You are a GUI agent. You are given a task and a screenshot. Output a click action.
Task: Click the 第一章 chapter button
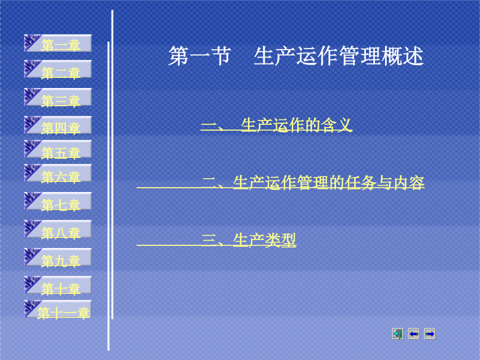coord(58,43)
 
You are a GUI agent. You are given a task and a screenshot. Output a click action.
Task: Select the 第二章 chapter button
coord(58,69)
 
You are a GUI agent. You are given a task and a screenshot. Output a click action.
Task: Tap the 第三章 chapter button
coord(58,97)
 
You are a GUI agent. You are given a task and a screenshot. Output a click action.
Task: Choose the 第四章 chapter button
coord(58,125)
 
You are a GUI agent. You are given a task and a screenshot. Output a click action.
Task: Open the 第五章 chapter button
coord(58,149)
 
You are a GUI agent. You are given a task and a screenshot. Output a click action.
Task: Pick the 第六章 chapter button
coord(58,173)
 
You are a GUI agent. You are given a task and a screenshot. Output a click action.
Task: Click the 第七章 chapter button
coord(58,201)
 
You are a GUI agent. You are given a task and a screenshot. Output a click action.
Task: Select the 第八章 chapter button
coord(58,229)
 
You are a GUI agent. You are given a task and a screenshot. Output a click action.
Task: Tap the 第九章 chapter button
coord(58,257)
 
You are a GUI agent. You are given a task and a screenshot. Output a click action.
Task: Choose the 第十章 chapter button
coord(58,285)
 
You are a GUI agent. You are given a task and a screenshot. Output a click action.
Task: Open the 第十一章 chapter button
coord(58,309)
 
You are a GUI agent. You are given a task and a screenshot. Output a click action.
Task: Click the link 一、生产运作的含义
coord(276,125)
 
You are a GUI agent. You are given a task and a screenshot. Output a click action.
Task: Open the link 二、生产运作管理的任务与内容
coord(313,183)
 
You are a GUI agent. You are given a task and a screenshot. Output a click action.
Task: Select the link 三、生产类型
coord(249,241)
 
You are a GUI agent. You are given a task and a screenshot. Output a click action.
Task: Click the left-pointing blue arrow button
coord(414,334)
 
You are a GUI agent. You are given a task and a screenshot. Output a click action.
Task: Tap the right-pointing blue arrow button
coord(430,334)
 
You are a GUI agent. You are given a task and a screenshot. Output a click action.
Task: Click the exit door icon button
coord(398,334)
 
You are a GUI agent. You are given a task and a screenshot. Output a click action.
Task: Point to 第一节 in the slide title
coord(199,56)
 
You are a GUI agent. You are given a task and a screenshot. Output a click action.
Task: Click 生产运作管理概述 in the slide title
coord(339,56)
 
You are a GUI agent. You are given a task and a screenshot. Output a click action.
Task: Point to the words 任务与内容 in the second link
coord(385,183)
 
